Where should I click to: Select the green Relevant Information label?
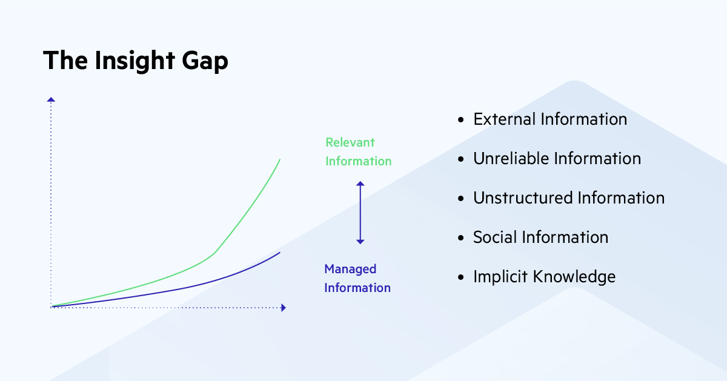pos(358,151)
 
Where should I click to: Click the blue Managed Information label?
pos(357,278)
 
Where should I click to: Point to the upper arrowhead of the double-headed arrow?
pos(360,184)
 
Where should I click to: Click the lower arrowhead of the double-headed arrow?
pos(360,241)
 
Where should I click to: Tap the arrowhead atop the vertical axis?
pos(51,100)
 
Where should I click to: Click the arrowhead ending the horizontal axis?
pos(282,308)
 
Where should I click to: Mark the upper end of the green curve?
pos(280,159)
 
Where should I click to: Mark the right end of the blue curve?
pos(280,252)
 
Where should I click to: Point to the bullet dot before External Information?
pos(462,120)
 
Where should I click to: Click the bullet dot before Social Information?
pos(462,238)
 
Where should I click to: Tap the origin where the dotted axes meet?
pos(52,307)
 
